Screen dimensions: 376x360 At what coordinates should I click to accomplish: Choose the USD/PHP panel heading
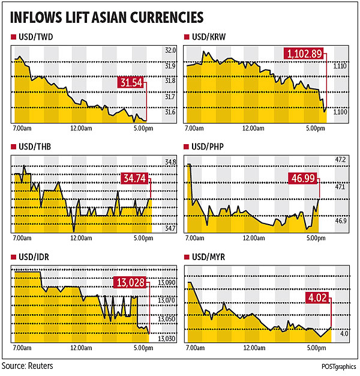210,147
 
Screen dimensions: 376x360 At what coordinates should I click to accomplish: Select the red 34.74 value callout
135,179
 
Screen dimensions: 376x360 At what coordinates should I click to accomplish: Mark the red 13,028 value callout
130,282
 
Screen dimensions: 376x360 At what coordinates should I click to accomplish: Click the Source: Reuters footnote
27,366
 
